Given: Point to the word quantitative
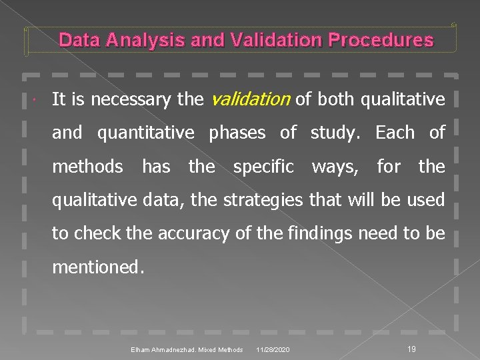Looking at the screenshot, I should [x=146, y=133].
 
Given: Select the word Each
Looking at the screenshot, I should [x=395, y=133].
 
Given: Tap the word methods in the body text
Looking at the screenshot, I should [x=87, y=166].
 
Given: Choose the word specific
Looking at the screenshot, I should [x=263, y=166].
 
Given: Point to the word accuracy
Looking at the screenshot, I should [x=180, y=233].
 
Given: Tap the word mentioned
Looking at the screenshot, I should [x=97, y=267].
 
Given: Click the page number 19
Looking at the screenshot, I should [x=411, y=349].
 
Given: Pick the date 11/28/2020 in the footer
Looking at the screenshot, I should [x=272, y=350].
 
